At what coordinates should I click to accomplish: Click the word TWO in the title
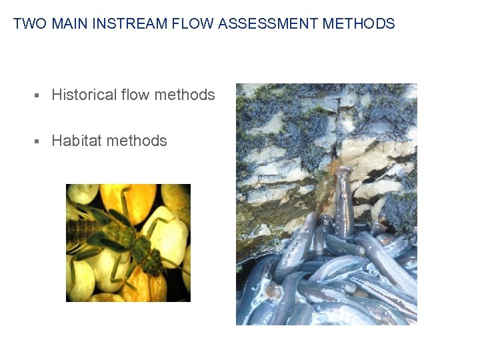point(30,24)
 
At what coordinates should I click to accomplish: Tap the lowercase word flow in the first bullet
point(135,95)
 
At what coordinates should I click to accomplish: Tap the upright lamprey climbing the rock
point(343,200)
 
